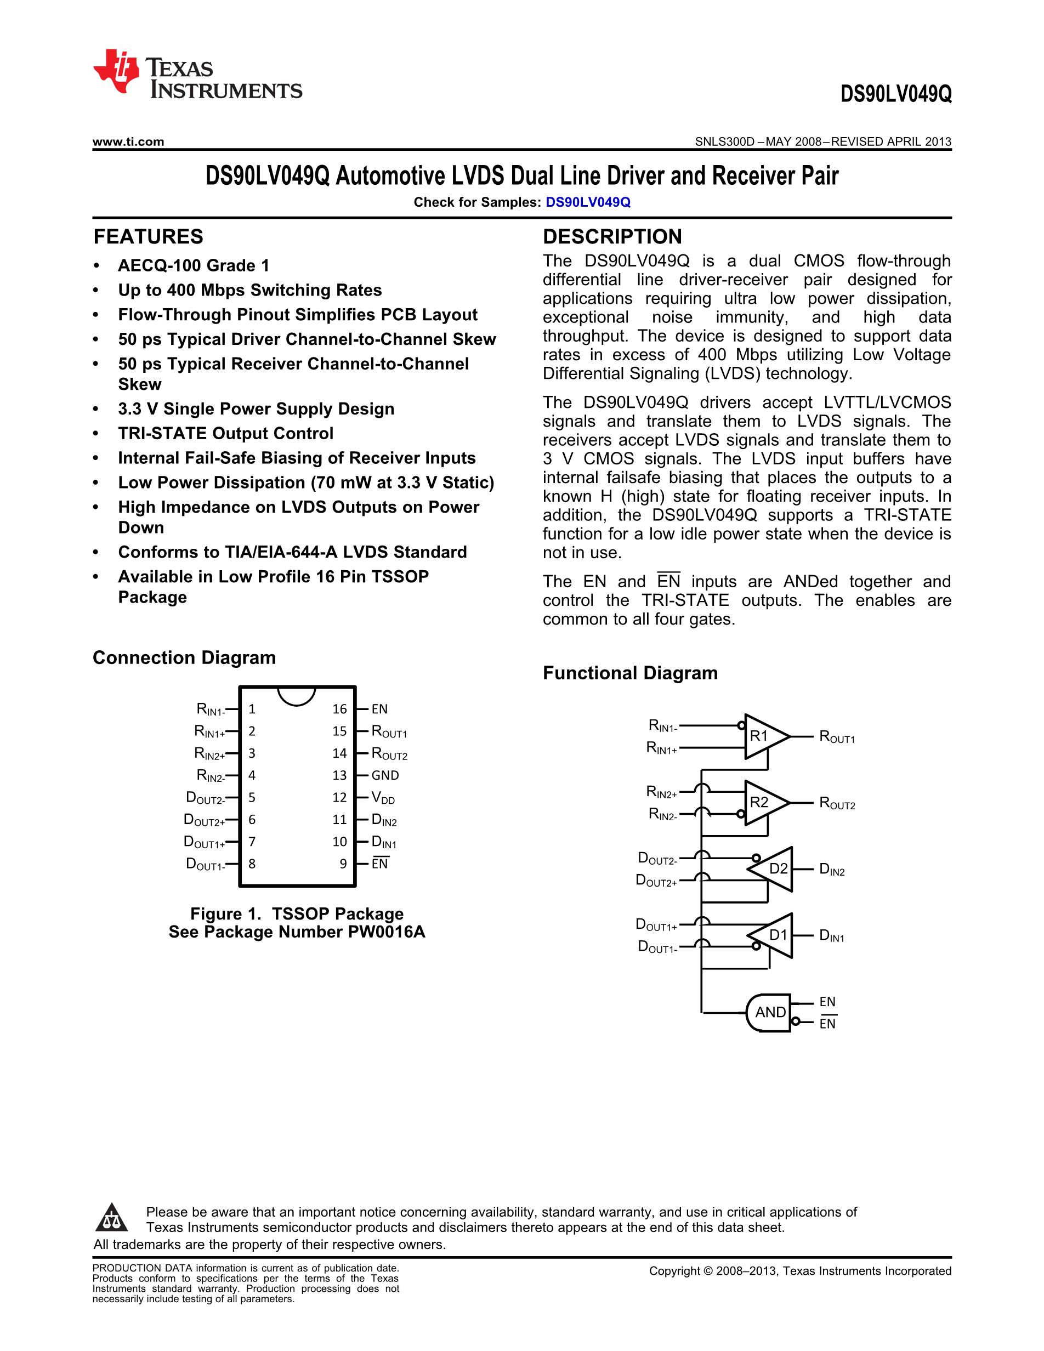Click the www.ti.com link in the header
(128, 141)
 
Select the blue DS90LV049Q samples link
(588, 202)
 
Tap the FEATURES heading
(149, 237)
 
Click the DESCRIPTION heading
(612, 237)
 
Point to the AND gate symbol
(769, 1012)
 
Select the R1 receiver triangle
(764, 736)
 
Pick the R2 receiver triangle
(764, 802)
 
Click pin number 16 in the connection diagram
(339, 709)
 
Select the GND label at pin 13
(385, 775)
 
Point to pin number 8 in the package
(252, 864)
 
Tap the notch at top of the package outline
(297, 695)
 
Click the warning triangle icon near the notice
(112, 1217)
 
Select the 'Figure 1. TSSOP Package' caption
(297, 913)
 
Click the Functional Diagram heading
(630, 673)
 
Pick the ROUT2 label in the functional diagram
(837, 804)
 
